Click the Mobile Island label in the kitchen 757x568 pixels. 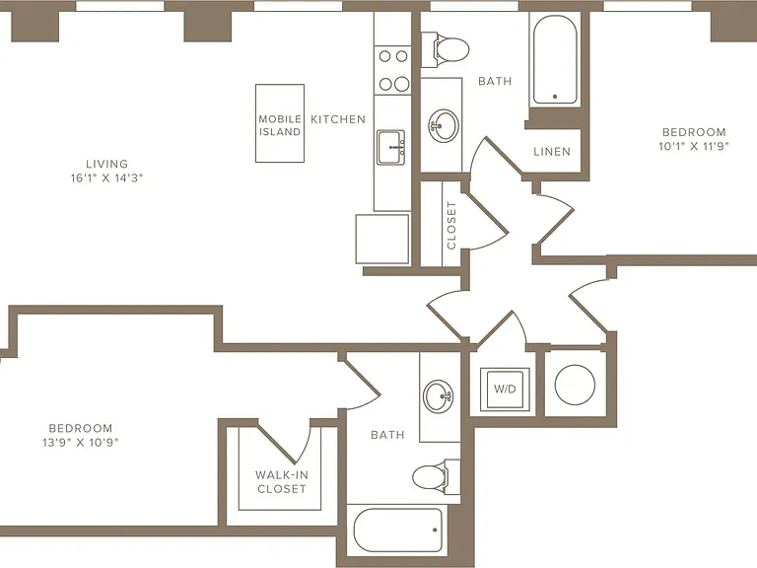point(280,125)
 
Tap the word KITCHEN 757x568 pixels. point(338,119)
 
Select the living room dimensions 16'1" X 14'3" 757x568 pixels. point(106,177)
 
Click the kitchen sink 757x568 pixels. point(391,147)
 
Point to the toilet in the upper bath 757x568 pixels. point(446,48)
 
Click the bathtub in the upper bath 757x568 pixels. point(555,60)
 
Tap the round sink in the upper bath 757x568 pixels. point(444,126)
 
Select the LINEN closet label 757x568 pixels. point(552,152)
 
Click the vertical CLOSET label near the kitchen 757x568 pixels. point(451,226)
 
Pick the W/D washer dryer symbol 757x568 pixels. point(505,390)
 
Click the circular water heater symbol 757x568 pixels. point(575,385)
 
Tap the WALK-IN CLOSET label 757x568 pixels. point(282,481)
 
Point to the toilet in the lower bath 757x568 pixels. point(436,476)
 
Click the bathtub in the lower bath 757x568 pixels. point(398,530)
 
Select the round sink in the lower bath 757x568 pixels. point(439,396)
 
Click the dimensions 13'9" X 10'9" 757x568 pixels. point(81,443)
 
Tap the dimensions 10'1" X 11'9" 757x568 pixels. point(694,146)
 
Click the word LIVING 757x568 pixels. point(106,164)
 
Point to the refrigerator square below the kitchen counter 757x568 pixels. point(382,239)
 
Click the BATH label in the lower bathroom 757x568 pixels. point(387,435)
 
